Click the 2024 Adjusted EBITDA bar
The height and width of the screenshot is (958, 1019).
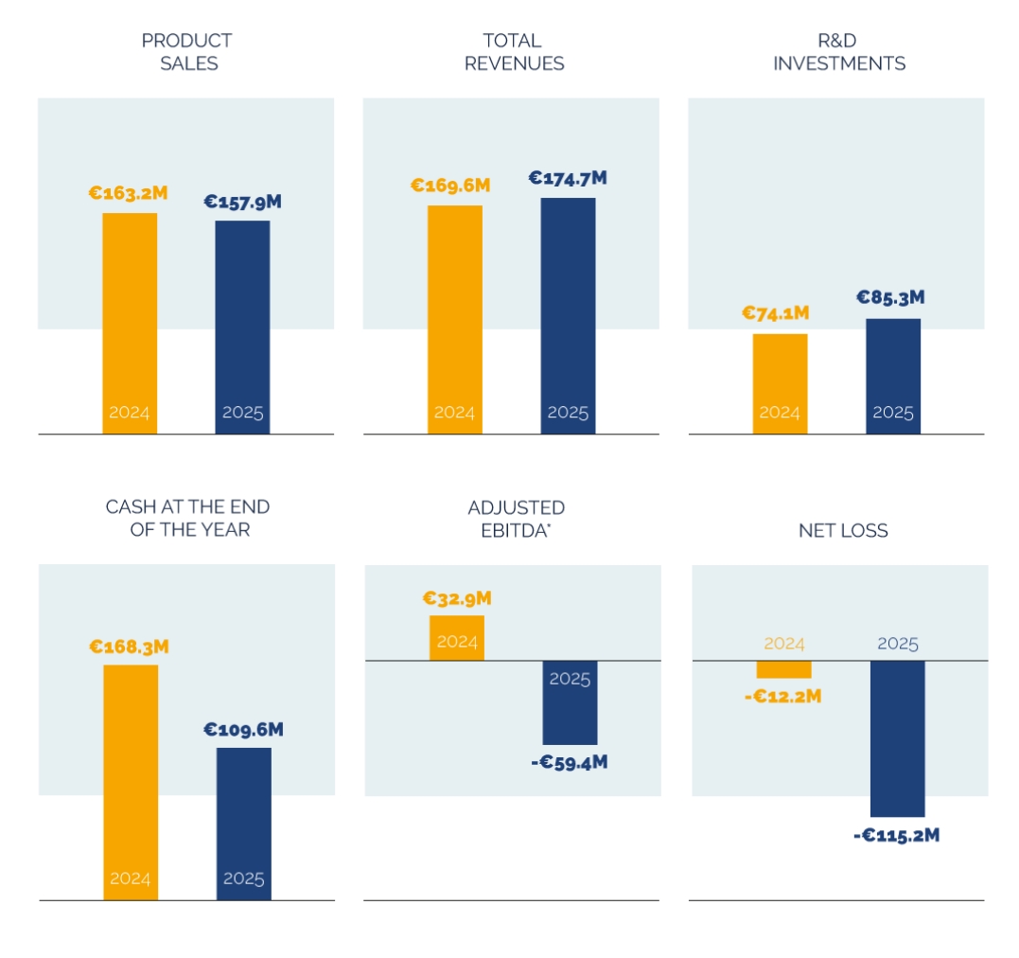(456, 637)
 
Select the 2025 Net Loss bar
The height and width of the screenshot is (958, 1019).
(897, 737)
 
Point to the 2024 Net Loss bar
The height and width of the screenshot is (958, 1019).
(783, 669)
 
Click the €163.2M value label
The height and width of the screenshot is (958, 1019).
(129, 193)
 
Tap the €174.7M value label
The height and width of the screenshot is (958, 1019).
(568, 178)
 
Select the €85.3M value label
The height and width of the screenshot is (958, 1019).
(890, 297)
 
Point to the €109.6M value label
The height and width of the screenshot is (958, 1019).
(243, 730)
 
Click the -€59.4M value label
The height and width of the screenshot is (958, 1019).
(569, 762)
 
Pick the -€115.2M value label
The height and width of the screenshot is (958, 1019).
(895, 835)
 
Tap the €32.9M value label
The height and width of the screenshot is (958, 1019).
(456, 599)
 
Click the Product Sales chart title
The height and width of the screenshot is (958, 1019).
(187, 52)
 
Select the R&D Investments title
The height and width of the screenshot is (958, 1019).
(838, 52)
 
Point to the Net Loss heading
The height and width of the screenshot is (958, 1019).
(843, 530)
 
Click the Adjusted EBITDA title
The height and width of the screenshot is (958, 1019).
(516, 519)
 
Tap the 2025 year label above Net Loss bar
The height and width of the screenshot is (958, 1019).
(897, 644)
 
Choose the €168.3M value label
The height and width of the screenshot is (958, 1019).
(130, 648)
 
